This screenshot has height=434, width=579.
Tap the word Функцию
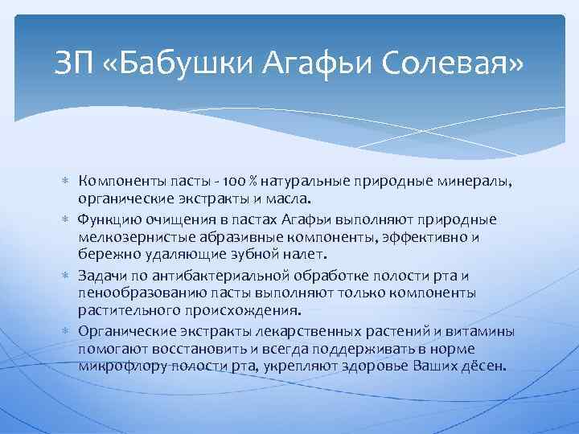pos(112,220)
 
